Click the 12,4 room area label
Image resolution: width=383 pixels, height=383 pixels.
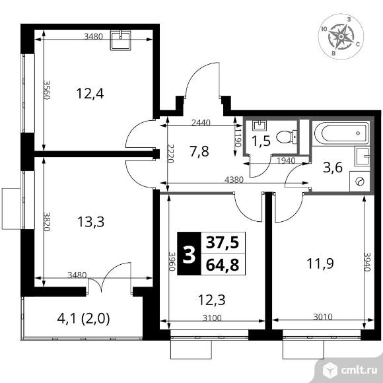pos(90,94)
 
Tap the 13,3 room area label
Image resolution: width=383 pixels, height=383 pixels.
pos(90,222)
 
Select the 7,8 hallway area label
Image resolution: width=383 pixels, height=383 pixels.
pos(199,151)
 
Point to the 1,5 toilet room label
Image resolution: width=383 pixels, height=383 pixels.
pos(261,141)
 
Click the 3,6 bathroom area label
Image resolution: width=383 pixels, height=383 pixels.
pos(333,168)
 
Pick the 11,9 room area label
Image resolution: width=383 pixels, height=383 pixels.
pos(320,263)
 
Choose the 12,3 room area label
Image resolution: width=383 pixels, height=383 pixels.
pos(211,300)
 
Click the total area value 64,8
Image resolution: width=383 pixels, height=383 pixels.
pos(223,265)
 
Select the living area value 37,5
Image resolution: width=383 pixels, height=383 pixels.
pos(223,243)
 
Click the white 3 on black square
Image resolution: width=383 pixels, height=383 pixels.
pos(189,254)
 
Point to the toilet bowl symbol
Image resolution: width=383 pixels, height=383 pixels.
pos(287,137)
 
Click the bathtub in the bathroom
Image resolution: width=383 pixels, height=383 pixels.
pos(341,133)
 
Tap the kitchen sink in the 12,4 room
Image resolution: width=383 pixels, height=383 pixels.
pos(120,40)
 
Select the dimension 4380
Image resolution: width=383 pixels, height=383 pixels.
pos(234,180)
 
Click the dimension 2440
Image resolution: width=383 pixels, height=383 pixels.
pos(201,123)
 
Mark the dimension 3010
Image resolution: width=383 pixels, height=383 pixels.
pos(323,317)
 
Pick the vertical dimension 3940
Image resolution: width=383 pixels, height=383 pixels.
pos(368,261)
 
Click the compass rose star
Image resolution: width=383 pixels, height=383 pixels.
pos(341,36)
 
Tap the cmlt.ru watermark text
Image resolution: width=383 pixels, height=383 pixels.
pos(359,370)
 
